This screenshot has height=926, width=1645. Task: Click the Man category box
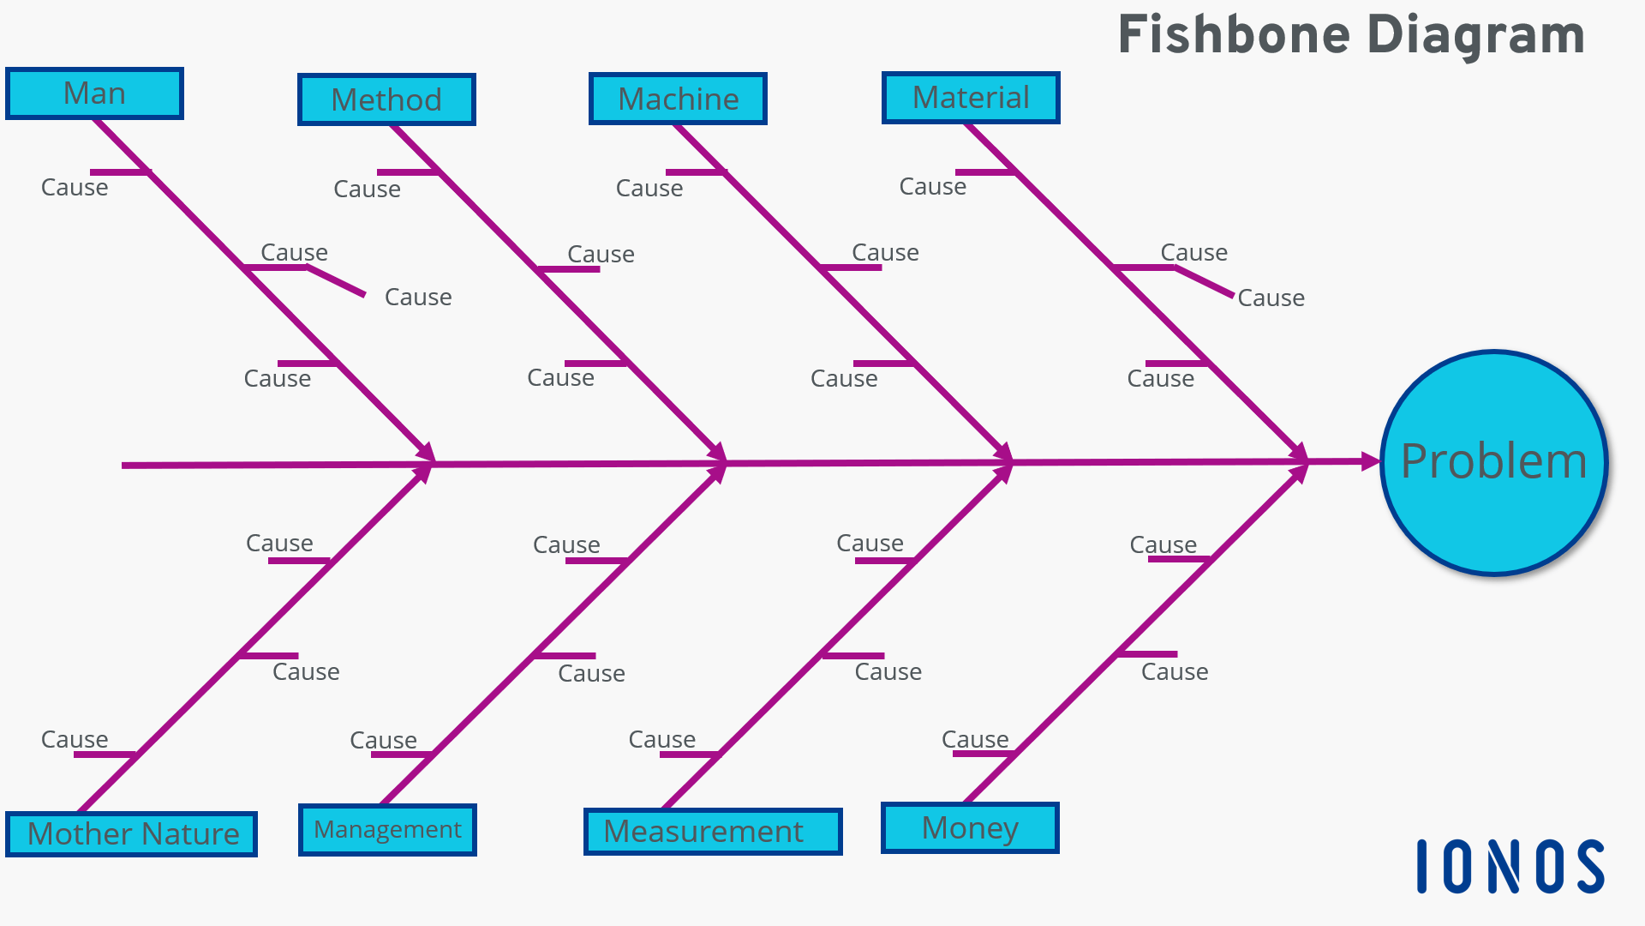(94, 93)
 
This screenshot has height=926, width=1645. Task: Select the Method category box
(386, 99)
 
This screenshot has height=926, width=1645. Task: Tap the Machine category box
(678, 99)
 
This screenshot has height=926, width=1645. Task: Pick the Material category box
(971, 98)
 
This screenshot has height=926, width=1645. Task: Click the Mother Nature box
(132, 833)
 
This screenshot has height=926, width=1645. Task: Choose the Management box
(387, 829)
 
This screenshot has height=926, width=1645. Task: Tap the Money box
(970, 827)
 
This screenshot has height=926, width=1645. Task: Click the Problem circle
(1493, 462)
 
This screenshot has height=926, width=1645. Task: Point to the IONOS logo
(1510, 866)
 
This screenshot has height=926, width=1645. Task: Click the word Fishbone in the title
(1234, 35)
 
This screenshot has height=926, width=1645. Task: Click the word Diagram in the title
(1475, 35)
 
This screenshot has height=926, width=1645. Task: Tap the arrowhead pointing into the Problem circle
(1369, 461)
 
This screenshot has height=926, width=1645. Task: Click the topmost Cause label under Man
(75, 187)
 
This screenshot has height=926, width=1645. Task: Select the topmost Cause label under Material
(932, 186)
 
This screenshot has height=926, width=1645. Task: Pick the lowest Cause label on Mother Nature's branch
(75, 739)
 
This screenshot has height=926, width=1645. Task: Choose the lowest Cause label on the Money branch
(975, 739)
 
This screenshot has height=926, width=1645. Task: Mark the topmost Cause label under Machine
(649, 188)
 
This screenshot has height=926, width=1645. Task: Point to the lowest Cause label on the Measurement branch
(661, 739)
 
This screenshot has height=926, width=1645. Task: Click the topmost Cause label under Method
(367, 189)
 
